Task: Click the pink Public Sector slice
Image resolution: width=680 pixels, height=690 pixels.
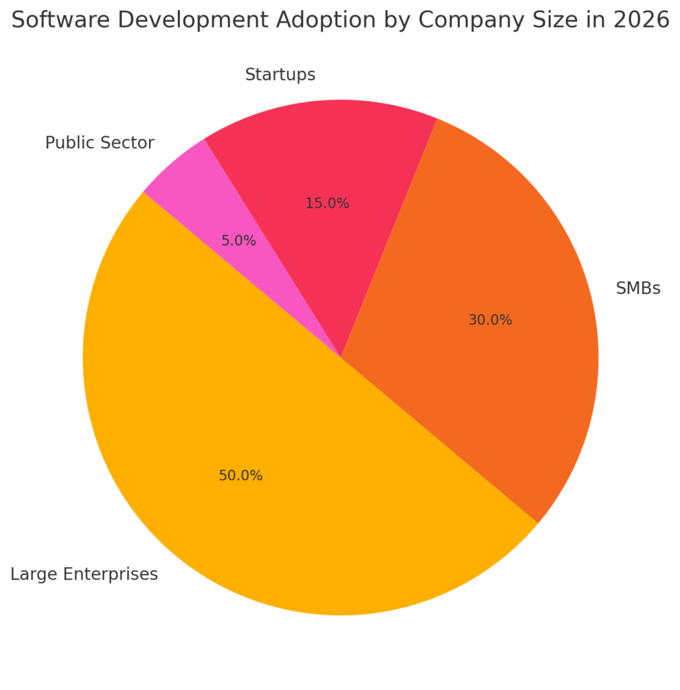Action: pyautogui.click(x=202, y=202)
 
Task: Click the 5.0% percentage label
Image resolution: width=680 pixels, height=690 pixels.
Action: pyautogui.click(x=239, y=241)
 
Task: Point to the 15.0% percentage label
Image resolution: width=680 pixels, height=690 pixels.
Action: pyautogui.click(x=327, y=203)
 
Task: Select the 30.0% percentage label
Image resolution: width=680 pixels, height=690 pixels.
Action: pyautogui.click(x=490, y=321)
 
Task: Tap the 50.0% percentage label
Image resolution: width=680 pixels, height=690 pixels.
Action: pyautogui.click(x=240, y=476)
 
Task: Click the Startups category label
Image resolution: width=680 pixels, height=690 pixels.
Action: pyautogui.click(x=280, y=75)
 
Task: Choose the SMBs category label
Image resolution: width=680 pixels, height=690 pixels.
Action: pyautogui.click(x=638, y=289)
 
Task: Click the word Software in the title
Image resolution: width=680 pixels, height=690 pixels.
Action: pyautogui.click(x=54, y=21)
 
